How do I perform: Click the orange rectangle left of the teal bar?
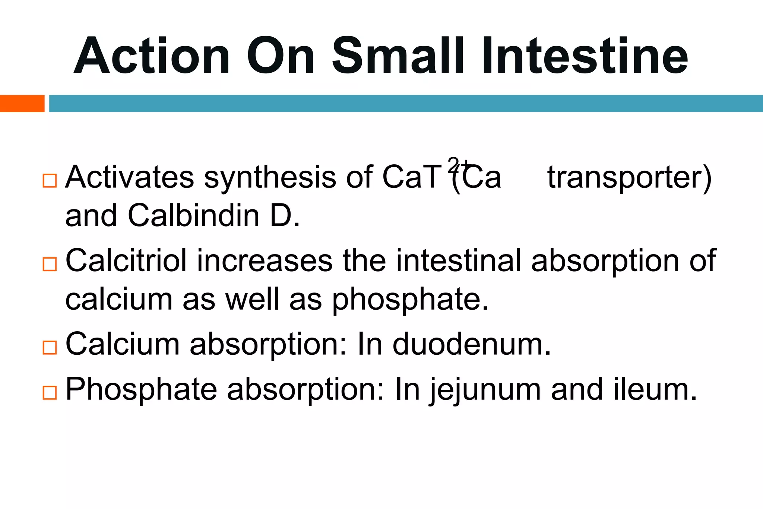pyautogui.click(x=22, y=104)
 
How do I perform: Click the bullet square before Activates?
pyautogui.click(x=50, y=181)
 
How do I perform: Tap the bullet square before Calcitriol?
pyautogui.click(x=50, y=264)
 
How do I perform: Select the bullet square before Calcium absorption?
pyautogui.click(x=50, y=347)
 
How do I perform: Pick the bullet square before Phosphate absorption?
pyautogui.click(x=50, y=393)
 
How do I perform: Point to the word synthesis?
pyautogui.click(x=270, y=177)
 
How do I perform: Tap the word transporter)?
pyautogui.click(x=630, y=178)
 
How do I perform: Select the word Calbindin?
pyautogui.click(x=193, y=216)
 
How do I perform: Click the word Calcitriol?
pyautogui.click(x=126, y=260)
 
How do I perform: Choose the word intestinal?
pyautogui.click(x=458, y=260)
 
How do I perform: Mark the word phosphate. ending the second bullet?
pyautogui.click(x=410, y=300)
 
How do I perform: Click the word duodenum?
pyautogui.click(x=472, y=344)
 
